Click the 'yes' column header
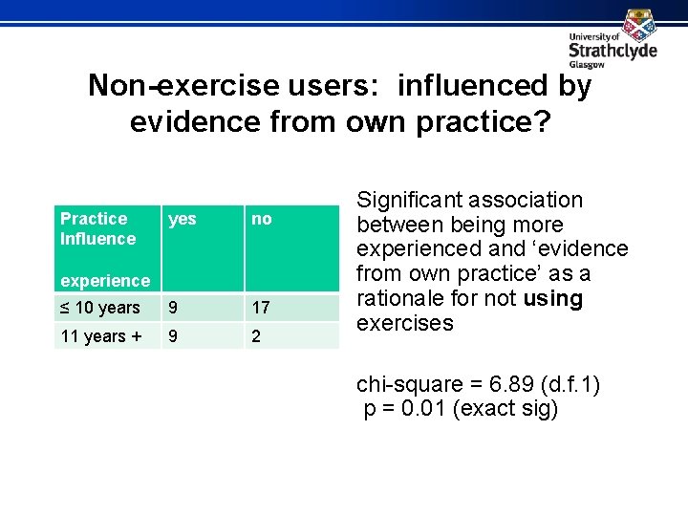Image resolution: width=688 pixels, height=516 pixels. coord(182,219)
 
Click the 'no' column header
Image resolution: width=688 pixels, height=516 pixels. coord(261,219)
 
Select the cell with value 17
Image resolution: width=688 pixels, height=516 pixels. coord(261,308)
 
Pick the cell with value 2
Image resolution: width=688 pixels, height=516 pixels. coord(256,336)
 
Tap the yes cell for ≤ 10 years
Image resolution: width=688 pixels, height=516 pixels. coord(173,308)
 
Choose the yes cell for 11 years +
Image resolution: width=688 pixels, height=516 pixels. coord(173,336)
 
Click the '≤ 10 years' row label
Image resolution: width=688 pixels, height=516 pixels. coord(100,308)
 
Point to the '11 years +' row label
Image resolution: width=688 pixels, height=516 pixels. coord(100,336)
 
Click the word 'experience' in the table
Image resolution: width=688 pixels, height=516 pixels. coord(105,281)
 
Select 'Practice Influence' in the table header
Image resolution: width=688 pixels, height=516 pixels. coord(97,228)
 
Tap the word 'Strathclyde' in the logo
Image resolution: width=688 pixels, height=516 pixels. coord(613,50)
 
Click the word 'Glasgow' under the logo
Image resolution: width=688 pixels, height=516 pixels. coord(587,65)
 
